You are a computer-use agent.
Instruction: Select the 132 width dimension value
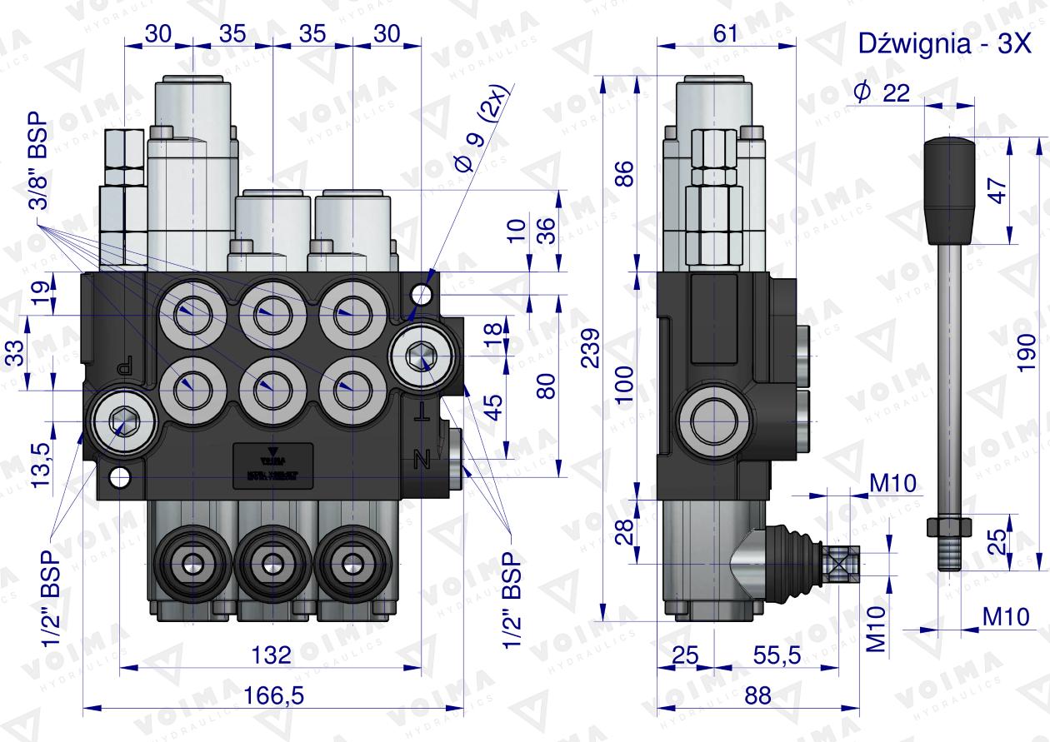pyautogui.click(x=272, y=655)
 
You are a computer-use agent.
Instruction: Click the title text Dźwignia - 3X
pyautogui.click(x=945, y=45)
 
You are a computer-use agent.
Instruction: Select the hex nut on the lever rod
pyautogui.click(x=950, y=526)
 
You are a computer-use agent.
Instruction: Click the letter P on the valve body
pyautogui.click(x=124, y=365)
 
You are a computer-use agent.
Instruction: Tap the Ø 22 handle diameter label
pyautogui.click(x=880, y=93)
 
